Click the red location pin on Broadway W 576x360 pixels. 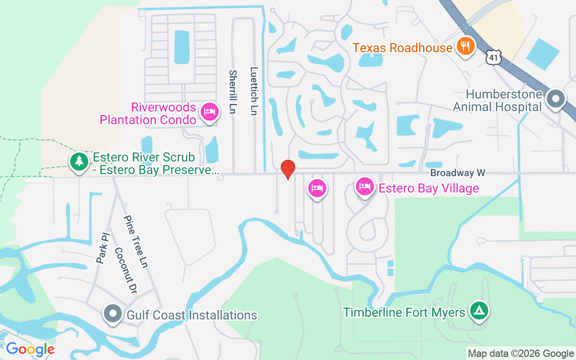click(288, 169)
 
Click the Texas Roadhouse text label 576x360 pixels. click(402, 48)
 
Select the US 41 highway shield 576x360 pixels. click(493, 56)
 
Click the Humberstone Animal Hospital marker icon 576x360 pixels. click(556, 99)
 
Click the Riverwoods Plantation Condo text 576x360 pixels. click(148, 114)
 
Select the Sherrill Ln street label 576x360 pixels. click(233, 92)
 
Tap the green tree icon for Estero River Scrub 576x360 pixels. click(79, 161)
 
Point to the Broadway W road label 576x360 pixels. click(458, 173)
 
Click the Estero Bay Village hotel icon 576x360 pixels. click(364, 186)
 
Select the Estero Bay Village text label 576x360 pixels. click(428, 188)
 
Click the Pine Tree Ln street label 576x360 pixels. click(136, 242)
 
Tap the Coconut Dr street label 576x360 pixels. click(125, 269)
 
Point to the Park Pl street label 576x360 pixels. click(103, 248)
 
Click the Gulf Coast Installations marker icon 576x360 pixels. click(113, 314)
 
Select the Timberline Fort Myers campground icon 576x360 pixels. click(480, 310)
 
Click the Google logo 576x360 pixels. click(30, 349)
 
